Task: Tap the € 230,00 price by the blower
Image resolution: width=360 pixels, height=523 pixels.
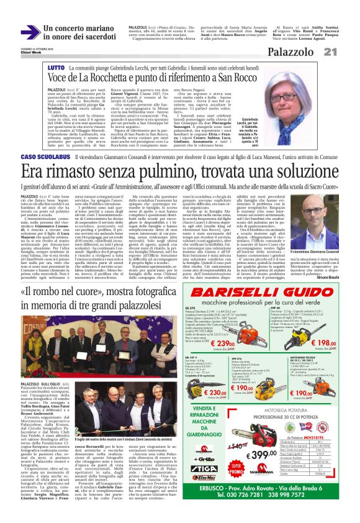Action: pyautogui.click(x=217, y=393)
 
